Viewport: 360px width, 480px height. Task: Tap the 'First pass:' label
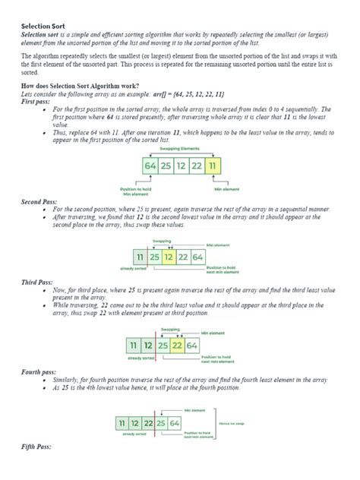38,102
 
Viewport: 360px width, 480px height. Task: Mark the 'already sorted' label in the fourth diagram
133,435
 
